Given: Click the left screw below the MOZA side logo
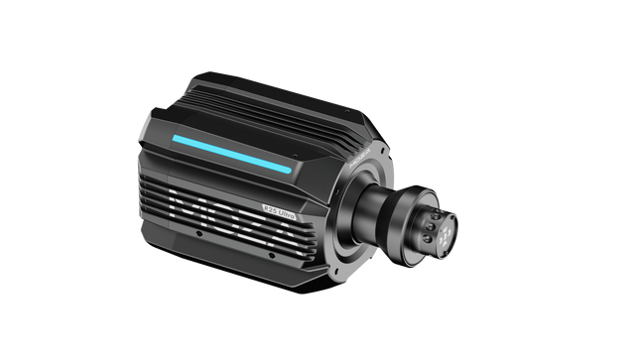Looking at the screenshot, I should point(197,235).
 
